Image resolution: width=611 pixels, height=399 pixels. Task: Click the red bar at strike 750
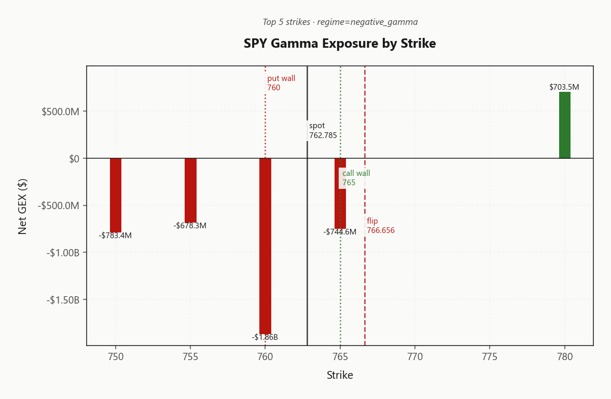tap(115, 195)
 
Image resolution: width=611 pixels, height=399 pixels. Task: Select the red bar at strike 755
tap(190, 190)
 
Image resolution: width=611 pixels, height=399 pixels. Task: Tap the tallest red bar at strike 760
tap(266, 246)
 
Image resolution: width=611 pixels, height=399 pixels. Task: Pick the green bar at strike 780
tap(565, 125)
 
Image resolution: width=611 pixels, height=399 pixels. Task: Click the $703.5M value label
tap(564, 87)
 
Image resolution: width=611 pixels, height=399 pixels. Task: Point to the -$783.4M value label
tap(115, 236)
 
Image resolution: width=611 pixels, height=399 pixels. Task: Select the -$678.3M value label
tap(190, 226)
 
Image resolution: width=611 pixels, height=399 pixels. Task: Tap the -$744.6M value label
tap(340, 232)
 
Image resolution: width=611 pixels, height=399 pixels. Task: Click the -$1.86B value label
tap(265, 337)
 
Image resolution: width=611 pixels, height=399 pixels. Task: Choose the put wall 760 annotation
tap(281, 83)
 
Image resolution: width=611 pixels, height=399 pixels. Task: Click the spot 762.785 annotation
tap(323, 131)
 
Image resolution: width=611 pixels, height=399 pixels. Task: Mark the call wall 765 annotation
tap(356, 177)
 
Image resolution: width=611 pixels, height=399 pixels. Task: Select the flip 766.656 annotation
tap(381, 226)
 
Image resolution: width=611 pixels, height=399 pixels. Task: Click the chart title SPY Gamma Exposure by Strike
tap(340, 43)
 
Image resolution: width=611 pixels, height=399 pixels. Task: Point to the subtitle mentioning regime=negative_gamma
tap(340, 22)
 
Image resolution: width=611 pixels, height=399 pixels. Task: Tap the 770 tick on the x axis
tap(415, 356)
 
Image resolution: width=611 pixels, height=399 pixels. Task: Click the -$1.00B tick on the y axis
tap(63, 253)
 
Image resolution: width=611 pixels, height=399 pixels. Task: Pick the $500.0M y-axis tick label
tap(60, 112)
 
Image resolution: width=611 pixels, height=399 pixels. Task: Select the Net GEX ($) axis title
tap(23, 207)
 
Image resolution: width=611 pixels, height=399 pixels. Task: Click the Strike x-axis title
tap(340, 375)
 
